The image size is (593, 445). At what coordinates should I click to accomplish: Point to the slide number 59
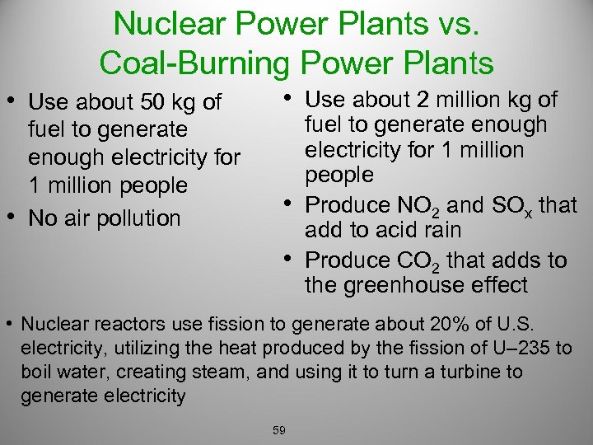click(x=278, y=429)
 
